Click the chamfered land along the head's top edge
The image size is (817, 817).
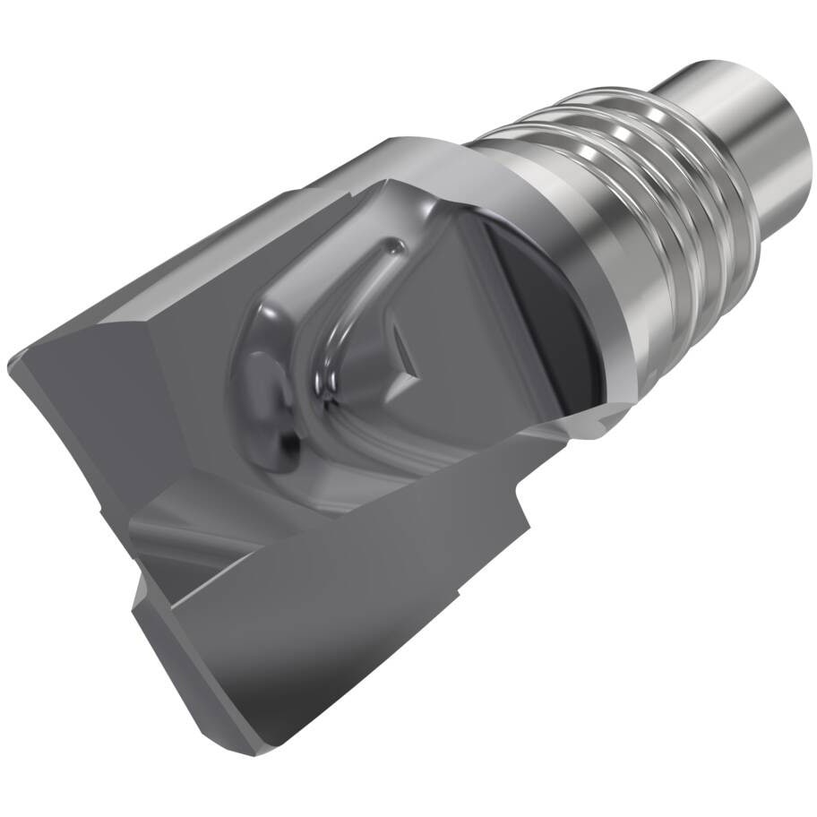pyautogui.click(x=296, y=206)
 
